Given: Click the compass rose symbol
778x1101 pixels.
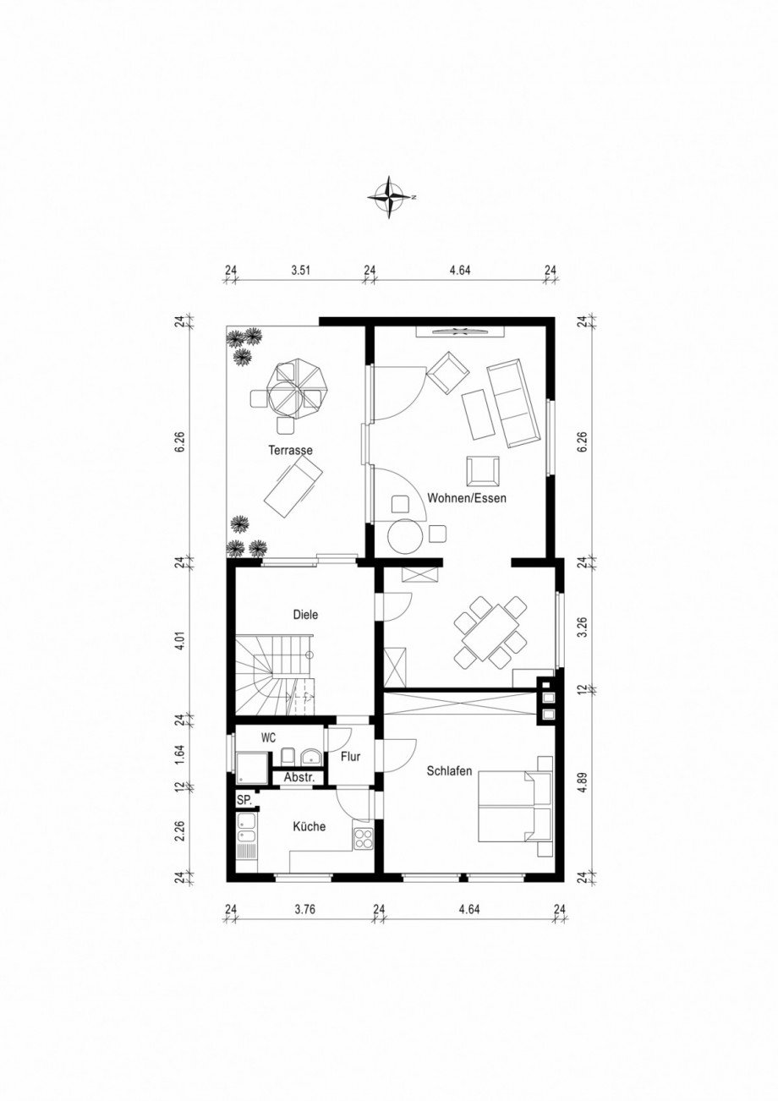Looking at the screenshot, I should pyautogui.click(x=390, y=196).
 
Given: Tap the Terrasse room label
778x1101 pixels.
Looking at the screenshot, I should pyautogui.click(x=290, y=451).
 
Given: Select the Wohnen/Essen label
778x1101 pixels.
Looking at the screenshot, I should pyautogui.click(x=467, y=498).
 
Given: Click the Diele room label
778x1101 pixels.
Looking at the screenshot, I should pyautogui.click(x=305, y=616).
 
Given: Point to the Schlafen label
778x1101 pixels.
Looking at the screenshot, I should pyautogui.click(x=449, y=771).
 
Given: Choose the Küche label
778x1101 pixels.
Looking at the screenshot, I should pyautogui.click(x=310, y=826).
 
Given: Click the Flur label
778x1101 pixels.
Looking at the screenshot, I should pyautogui.click(x=351, y=757).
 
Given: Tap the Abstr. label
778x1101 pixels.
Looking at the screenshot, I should pyautogui.click(x=299, y=777).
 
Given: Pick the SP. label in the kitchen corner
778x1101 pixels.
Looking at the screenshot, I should pyautogui.click(x=244, y=800).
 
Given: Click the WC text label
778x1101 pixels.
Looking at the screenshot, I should pyautogui.click(x=268, y=737).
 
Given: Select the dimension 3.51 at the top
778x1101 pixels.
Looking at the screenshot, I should pyautogui.click(x=301, y=271).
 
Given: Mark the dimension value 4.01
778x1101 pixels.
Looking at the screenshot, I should pyautogui.click(x=178, y=641).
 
